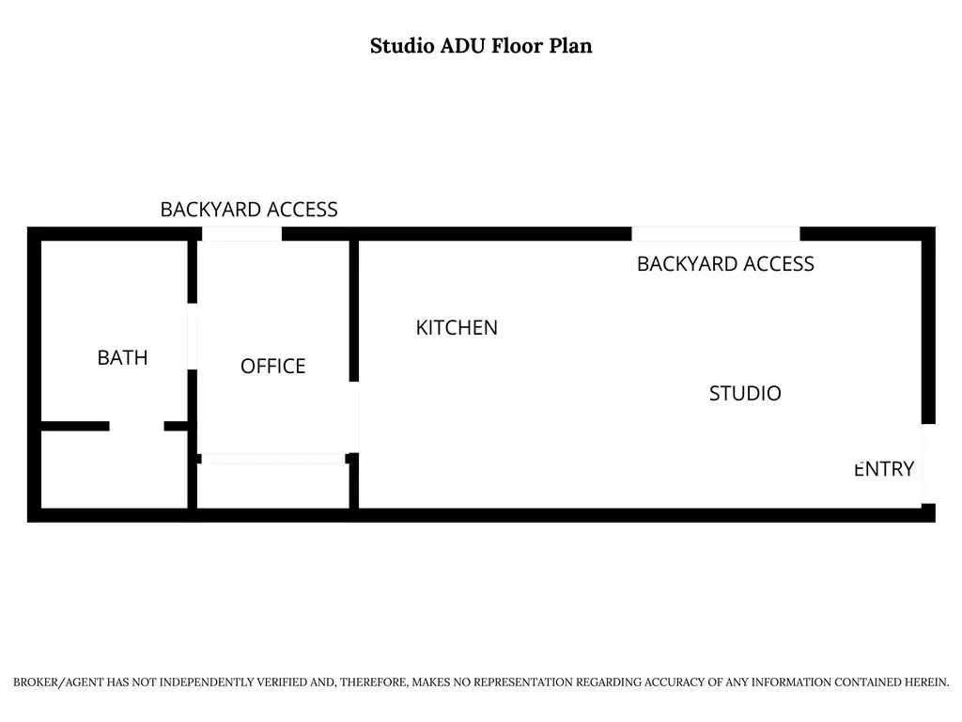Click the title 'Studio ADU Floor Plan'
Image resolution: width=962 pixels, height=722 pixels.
pos(481,46)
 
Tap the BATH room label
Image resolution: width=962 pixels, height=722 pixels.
pos(123,357)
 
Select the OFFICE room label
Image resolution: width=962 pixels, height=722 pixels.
pos(273,366)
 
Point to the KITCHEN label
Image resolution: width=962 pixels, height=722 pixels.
pos(457,328)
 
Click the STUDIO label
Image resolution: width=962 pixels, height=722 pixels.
pos(745,393)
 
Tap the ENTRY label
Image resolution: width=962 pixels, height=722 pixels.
pos(884,469)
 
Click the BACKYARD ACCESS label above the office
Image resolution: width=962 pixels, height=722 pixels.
pos(248,210)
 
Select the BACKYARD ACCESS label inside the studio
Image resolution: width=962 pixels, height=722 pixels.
pos(725,264)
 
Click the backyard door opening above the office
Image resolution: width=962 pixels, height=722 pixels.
pos(241,234)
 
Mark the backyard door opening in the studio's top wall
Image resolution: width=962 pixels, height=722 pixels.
pos(716,234)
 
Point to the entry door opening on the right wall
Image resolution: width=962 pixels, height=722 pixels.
pos(928,463)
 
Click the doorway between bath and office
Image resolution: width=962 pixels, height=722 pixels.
pos(192,337)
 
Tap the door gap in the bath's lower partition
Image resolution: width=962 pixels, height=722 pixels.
pos(137,426)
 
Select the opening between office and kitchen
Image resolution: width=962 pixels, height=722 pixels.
pos(354,417)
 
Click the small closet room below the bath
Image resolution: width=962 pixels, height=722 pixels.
pos(114,470)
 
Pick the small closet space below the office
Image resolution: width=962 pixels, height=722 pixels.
pos(273,486)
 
